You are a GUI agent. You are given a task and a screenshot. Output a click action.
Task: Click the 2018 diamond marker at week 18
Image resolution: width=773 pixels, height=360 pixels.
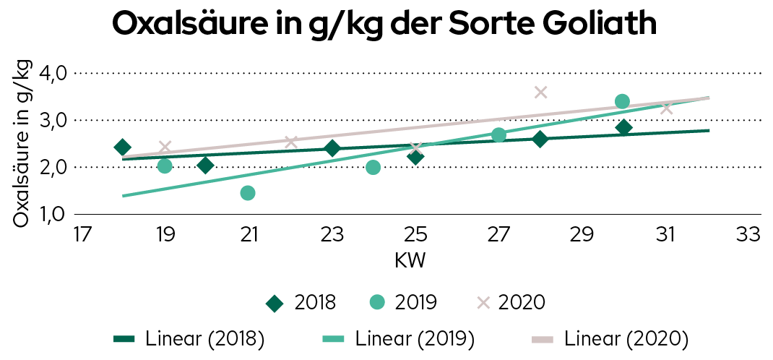123,147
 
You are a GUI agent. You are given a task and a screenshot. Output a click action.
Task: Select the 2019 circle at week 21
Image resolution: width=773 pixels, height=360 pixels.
248,193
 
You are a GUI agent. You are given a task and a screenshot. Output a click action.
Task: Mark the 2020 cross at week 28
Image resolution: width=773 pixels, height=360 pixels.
540,92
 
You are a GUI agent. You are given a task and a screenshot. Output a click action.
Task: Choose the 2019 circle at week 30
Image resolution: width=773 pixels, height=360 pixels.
623,101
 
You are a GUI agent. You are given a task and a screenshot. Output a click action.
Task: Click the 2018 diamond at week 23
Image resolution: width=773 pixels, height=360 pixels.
332,149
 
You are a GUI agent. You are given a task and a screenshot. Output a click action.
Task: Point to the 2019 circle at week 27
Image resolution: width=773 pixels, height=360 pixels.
498,135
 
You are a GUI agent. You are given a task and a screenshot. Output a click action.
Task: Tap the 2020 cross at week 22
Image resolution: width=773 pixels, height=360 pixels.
290,142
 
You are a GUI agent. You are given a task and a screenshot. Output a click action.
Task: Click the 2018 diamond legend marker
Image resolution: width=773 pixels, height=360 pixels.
274,303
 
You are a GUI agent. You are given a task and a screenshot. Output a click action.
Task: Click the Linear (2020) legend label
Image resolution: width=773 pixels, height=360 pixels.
626,338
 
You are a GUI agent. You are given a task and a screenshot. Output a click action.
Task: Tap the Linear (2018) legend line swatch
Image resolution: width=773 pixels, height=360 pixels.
125,338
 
